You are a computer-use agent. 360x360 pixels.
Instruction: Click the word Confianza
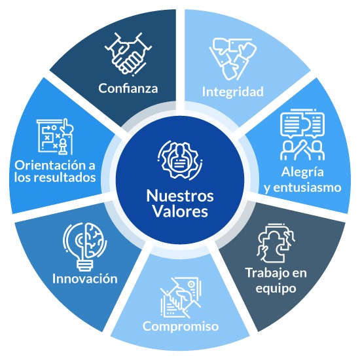coord(128,88)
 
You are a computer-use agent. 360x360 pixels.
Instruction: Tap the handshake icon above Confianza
coord(128,54)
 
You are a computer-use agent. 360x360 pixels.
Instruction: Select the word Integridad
coord(233,92)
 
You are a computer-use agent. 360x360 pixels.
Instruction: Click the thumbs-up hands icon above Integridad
coord(233,59)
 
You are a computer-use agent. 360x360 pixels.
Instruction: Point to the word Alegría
coord(302,173)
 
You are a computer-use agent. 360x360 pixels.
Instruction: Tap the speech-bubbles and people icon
coord(302,135)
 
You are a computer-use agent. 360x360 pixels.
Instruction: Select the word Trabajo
coord(265,274)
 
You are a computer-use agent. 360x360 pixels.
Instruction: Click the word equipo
coord(276,289)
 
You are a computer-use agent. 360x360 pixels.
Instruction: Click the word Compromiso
coord(181,327)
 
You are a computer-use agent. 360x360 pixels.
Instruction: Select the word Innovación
coord(85,279)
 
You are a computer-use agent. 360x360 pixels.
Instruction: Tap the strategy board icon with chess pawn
coord(55,137)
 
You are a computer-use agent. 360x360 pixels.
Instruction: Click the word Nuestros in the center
coord(180,196)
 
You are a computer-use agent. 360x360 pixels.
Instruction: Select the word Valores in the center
coord(180,211)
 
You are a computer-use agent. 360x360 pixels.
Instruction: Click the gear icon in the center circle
coord(180,160)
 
